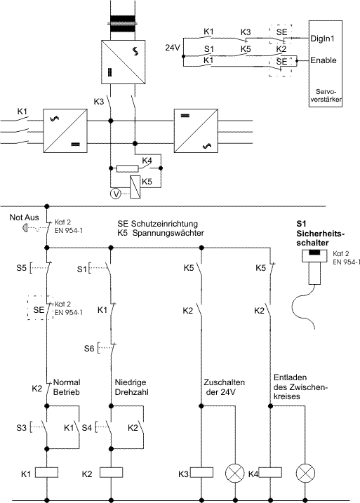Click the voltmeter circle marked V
tap(116, 194)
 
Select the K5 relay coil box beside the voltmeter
tap(135, 187)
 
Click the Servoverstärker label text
tap(326, 95)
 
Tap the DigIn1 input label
tap(323, 39)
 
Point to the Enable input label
tap(323, 60)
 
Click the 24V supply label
tap(173, 48)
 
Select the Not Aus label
tap(25, 217)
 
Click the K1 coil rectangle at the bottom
tap(46, 473)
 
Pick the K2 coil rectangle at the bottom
tap(112, 473)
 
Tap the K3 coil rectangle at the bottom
tap(202, 473)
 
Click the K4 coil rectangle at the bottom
tap(270, 473)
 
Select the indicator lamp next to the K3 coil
tap(235, 473)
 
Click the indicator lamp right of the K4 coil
tap(305, 473)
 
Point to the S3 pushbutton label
tap(22, 428)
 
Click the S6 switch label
tap(89, 348)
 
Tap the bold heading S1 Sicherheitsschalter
tap(320, 233)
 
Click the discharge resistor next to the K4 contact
tap(128, 168)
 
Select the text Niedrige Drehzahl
tap(131, 387)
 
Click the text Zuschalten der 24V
tap(224, 387)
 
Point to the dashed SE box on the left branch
tap(41, 307)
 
